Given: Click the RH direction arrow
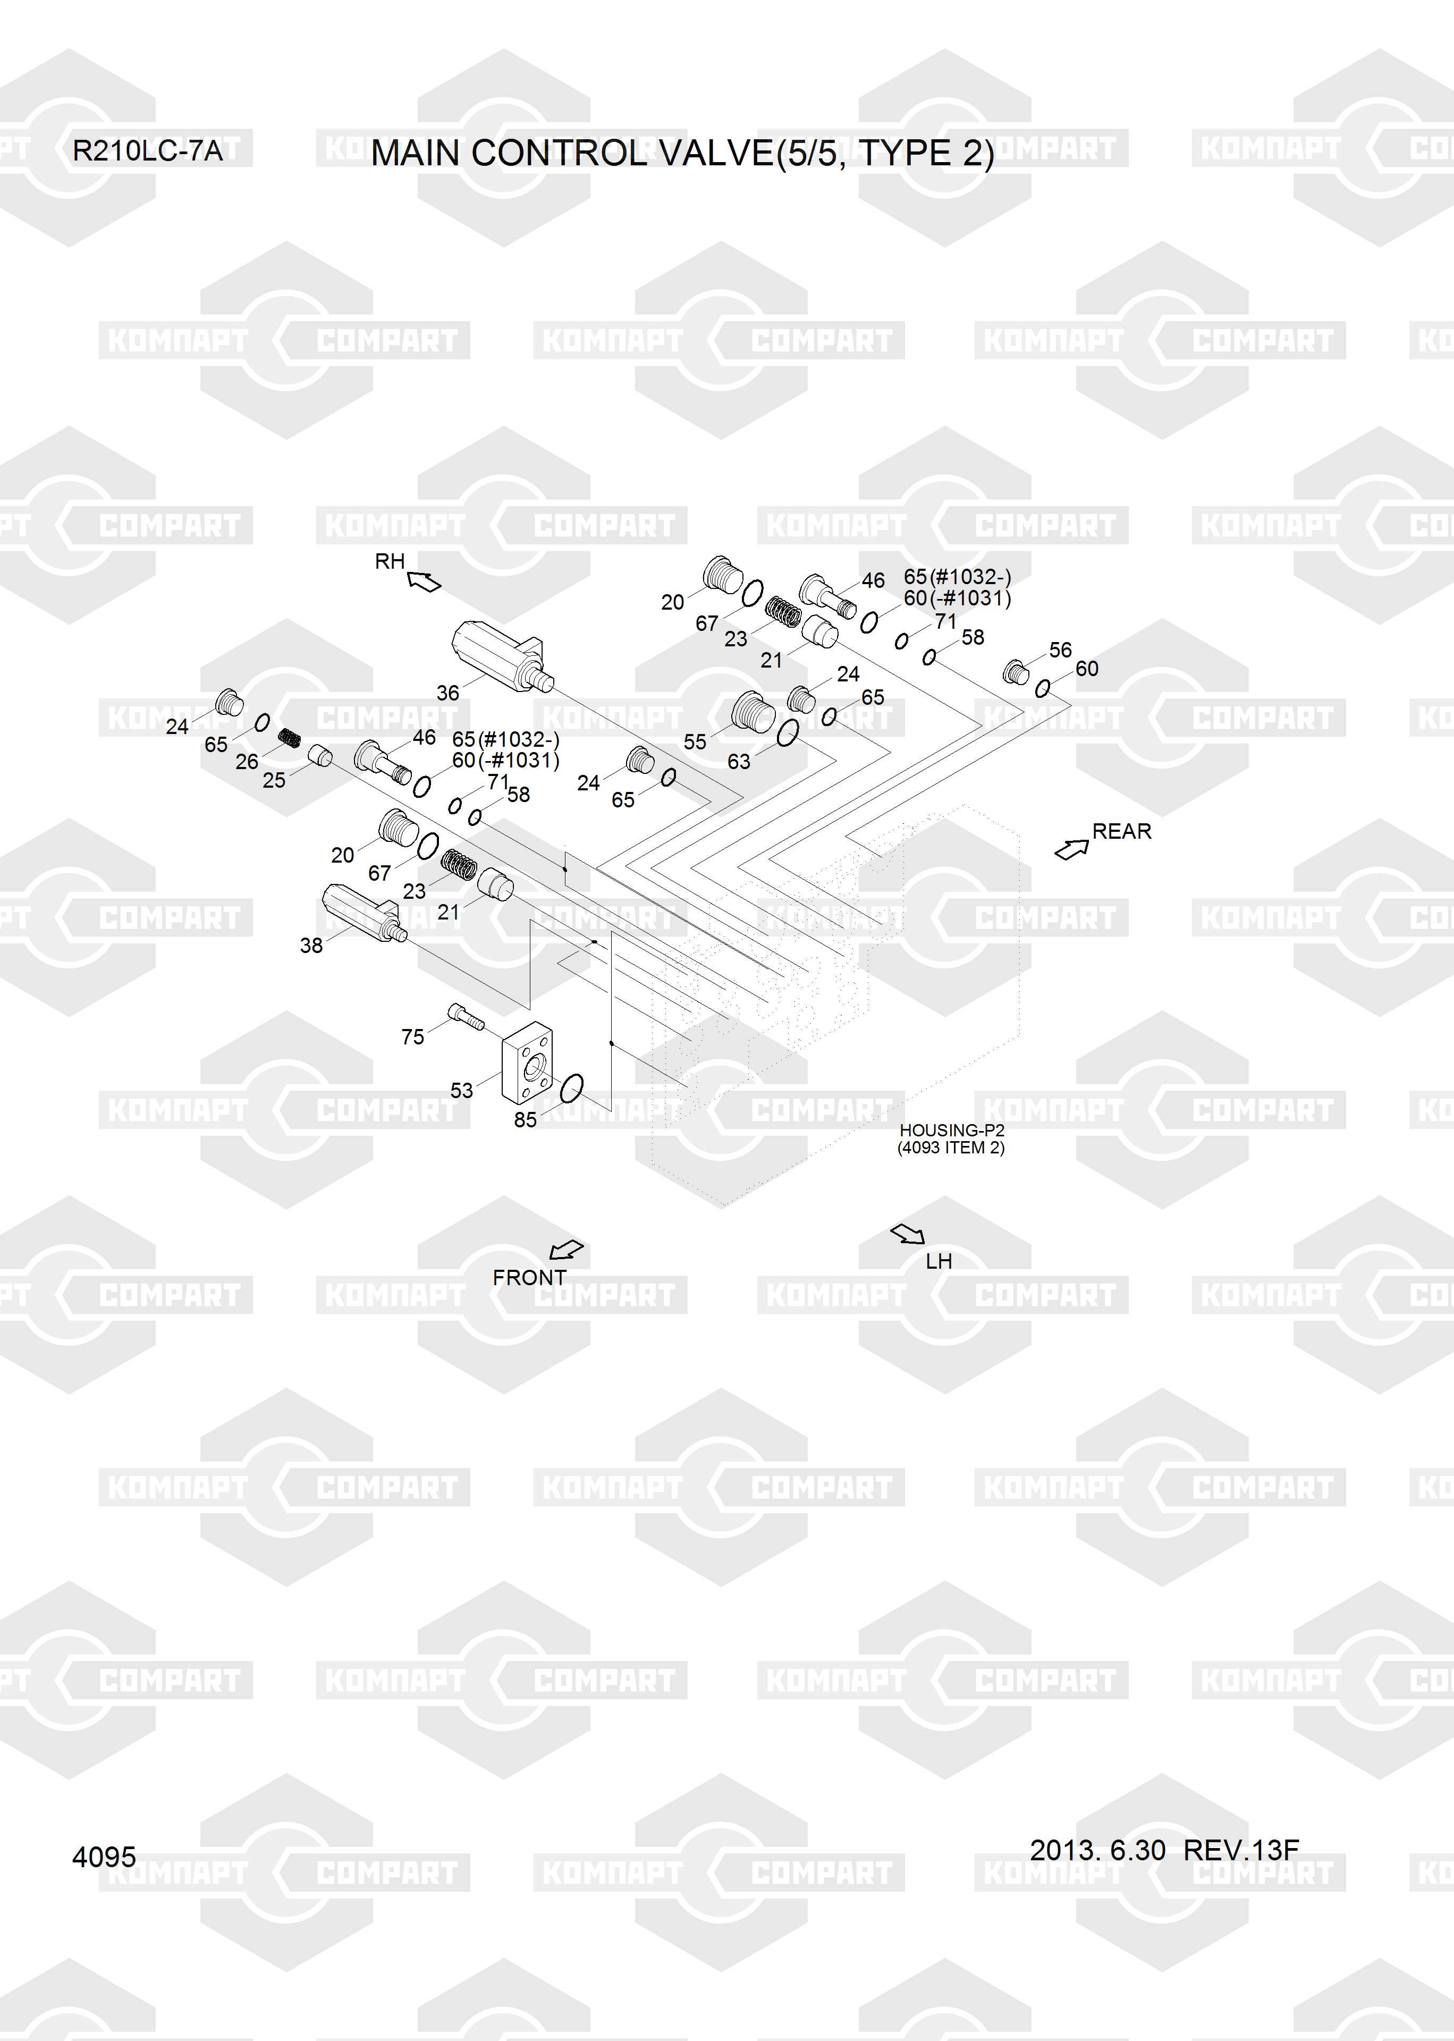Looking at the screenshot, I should tap(424, 582).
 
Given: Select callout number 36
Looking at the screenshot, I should tap(447, 692).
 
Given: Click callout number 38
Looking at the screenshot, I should tap(311, 944).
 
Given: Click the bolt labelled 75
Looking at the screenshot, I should tap(466, 1016).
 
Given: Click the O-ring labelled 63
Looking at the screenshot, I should tap(788, 733).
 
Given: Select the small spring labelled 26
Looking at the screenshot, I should tap(288, 738).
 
